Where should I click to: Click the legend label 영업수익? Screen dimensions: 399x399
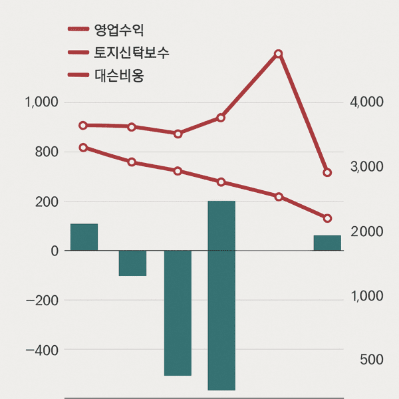pyautogui.click(x=119, y=29)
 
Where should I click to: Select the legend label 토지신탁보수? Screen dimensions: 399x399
pyautogui.click(x=132, y=53)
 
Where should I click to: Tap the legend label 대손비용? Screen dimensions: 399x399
pyautogui.click(x=119, y=76)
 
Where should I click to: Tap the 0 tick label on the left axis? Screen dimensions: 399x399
pyautogui.click(x=55, y=251)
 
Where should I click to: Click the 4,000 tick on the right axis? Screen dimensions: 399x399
pyautogui.click(x=366, y=102)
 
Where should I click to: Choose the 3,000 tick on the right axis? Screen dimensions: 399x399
pyautogui.click(x=366, y=167)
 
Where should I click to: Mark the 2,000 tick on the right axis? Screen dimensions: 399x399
pyautogui.click(x=366, y=231)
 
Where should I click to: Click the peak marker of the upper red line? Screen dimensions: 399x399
pyautogui.click(x=279, y=54)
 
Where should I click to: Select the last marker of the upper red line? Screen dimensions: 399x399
pyautogui.click(x=327, y=173)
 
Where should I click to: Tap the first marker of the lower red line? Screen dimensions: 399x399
pyautogui.click(x=83, y=148)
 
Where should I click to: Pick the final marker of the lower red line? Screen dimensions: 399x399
pyautogui.click(x=327, y=218)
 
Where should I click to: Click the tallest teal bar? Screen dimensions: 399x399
pyautogui.click(x=221, y=295)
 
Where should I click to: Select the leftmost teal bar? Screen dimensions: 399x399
pyautogui.click(x=84, y=237)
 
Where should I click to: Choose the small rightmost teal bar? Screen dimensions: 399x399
pyautogui.click(x=327, y=243)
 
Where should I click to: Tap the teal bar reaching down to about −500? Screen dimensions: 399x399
pyautogui.click(x=178, y=313)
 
